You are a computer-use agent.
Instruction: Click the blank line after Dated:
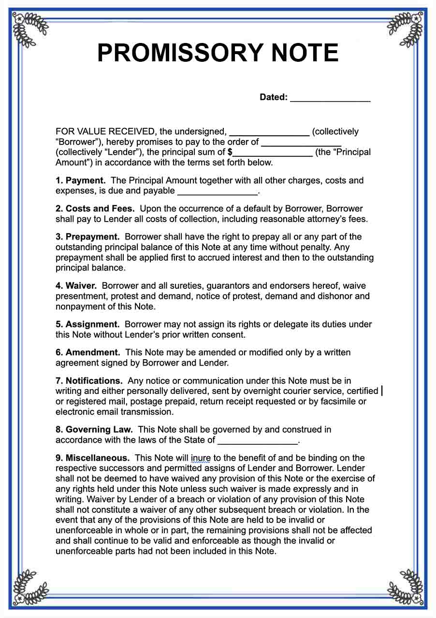pos(330,98)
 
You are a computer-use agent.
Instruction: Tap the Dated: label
pos(274,97)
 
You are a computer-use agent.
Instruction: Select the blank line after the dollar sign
pos(272,153)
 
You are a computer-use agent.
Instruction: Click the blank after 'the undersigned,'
pos(269,133)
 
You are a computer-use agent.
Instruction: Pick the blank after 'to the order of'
pos(301,143)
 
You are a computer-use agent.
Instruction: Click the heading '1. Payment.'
pos(80,181)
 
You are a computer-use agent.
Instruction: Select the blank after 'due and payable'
pos(218,192)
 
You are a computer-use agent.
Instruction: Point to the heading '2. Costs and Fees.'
pos(95,209)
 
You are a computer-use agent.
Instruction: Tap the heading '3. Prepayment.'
pos(87,237)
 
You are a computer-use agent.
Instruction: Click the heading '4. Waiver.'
pos(76,286)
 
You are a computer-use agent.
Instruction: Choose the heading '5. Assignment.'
pos(87,324)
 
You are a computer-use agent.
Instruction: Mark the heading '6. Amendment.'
pos(88,352)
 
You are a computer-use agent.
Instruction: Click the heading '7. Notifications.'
pos(89,381)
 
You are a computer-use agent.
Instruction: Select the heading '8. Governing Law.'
pos(94,429)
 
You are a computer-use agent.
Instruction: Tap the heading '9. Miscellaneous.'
pos(92,458)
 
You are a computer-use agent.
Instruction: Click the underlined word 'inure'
pos(201,458)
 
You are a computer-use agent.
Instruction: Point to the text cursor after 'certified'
pos(382,391)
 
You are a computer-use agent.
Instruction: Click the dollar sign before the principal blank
pos(230,152)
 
